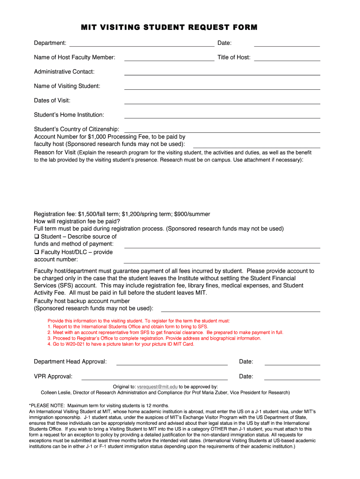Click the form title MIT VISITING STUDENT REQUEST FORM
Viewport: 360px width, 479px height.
coord(169,28)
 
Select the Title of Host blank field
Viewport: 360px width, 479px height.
coord(287,60)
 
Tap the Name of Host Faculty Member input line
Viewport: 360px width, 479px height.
coord(169,60)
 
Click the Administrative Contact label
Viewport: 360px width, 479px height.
coord(64,72)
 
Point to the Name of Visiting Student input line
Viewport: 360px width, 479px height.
coord(222,88)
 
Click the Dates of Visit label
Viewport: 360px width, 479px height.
coord(52,101)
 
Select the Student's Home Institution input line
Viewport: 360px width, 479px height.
coord(222,117)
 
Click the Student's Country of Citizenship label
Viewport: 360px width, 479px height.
coord(76,129)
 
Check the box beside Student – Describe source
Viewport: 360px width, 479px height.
coord(36,237)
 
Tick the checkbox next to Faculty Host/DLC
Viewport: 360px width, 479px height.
coord(36,252)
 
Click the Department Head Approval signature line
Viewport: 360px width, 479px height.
coord(172,364)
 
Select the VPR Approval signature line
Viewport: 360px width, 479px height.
coord(154,379)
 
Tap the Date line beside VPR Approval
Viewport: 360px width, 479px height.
coord(292,379)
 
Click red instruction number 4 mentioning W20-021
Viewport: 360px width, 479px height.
coord(121,344)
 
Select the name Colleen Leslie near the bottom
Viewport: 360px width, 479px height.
coord(56,392)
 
